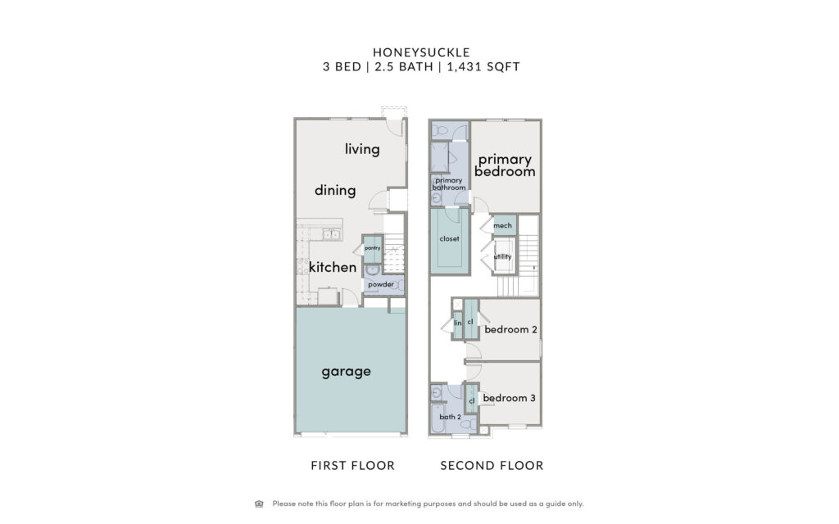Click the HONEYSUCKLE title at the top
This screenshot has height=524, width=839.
point(421,52)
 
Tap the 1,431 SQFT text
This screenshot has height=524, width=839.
point(483,67)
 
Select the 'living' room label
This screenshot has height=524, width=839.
point(362,149)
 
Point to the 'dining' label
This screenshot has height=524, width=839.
point(335,190)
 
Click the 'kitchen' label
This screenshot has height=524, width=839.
point(333,267)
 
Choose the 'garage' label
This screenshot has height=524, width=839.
point(347,372)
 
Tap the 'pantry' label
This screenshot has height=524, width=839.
point(373,248)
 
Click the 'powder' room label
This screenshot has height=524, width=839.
point(381,284)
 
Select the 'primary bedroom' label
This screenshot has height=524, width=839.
point(505,165)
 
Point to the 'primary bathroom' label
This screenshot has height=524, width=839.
point(449,184)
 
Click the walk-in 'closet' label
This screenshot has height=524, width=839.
point(450,239)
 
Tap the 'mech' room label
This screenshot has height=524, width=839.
point(502,226)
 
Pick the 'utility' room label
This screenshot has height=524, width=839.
point(502,256)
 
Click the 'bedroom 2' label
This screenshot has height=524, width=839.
point(510,329)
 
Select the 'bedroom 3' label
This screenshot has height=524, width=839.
point(509,398)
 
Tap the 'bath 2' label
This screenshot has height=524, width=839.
point(450,417)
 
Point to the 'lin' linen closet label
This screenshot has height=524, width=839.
point(457,323)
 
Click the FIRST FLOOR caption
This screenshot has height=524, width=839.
point(352,466)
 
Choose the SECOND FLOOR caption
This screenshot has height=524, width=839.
point(492,466)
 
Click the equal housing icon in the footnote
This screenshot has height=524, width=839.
point(259,504)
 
